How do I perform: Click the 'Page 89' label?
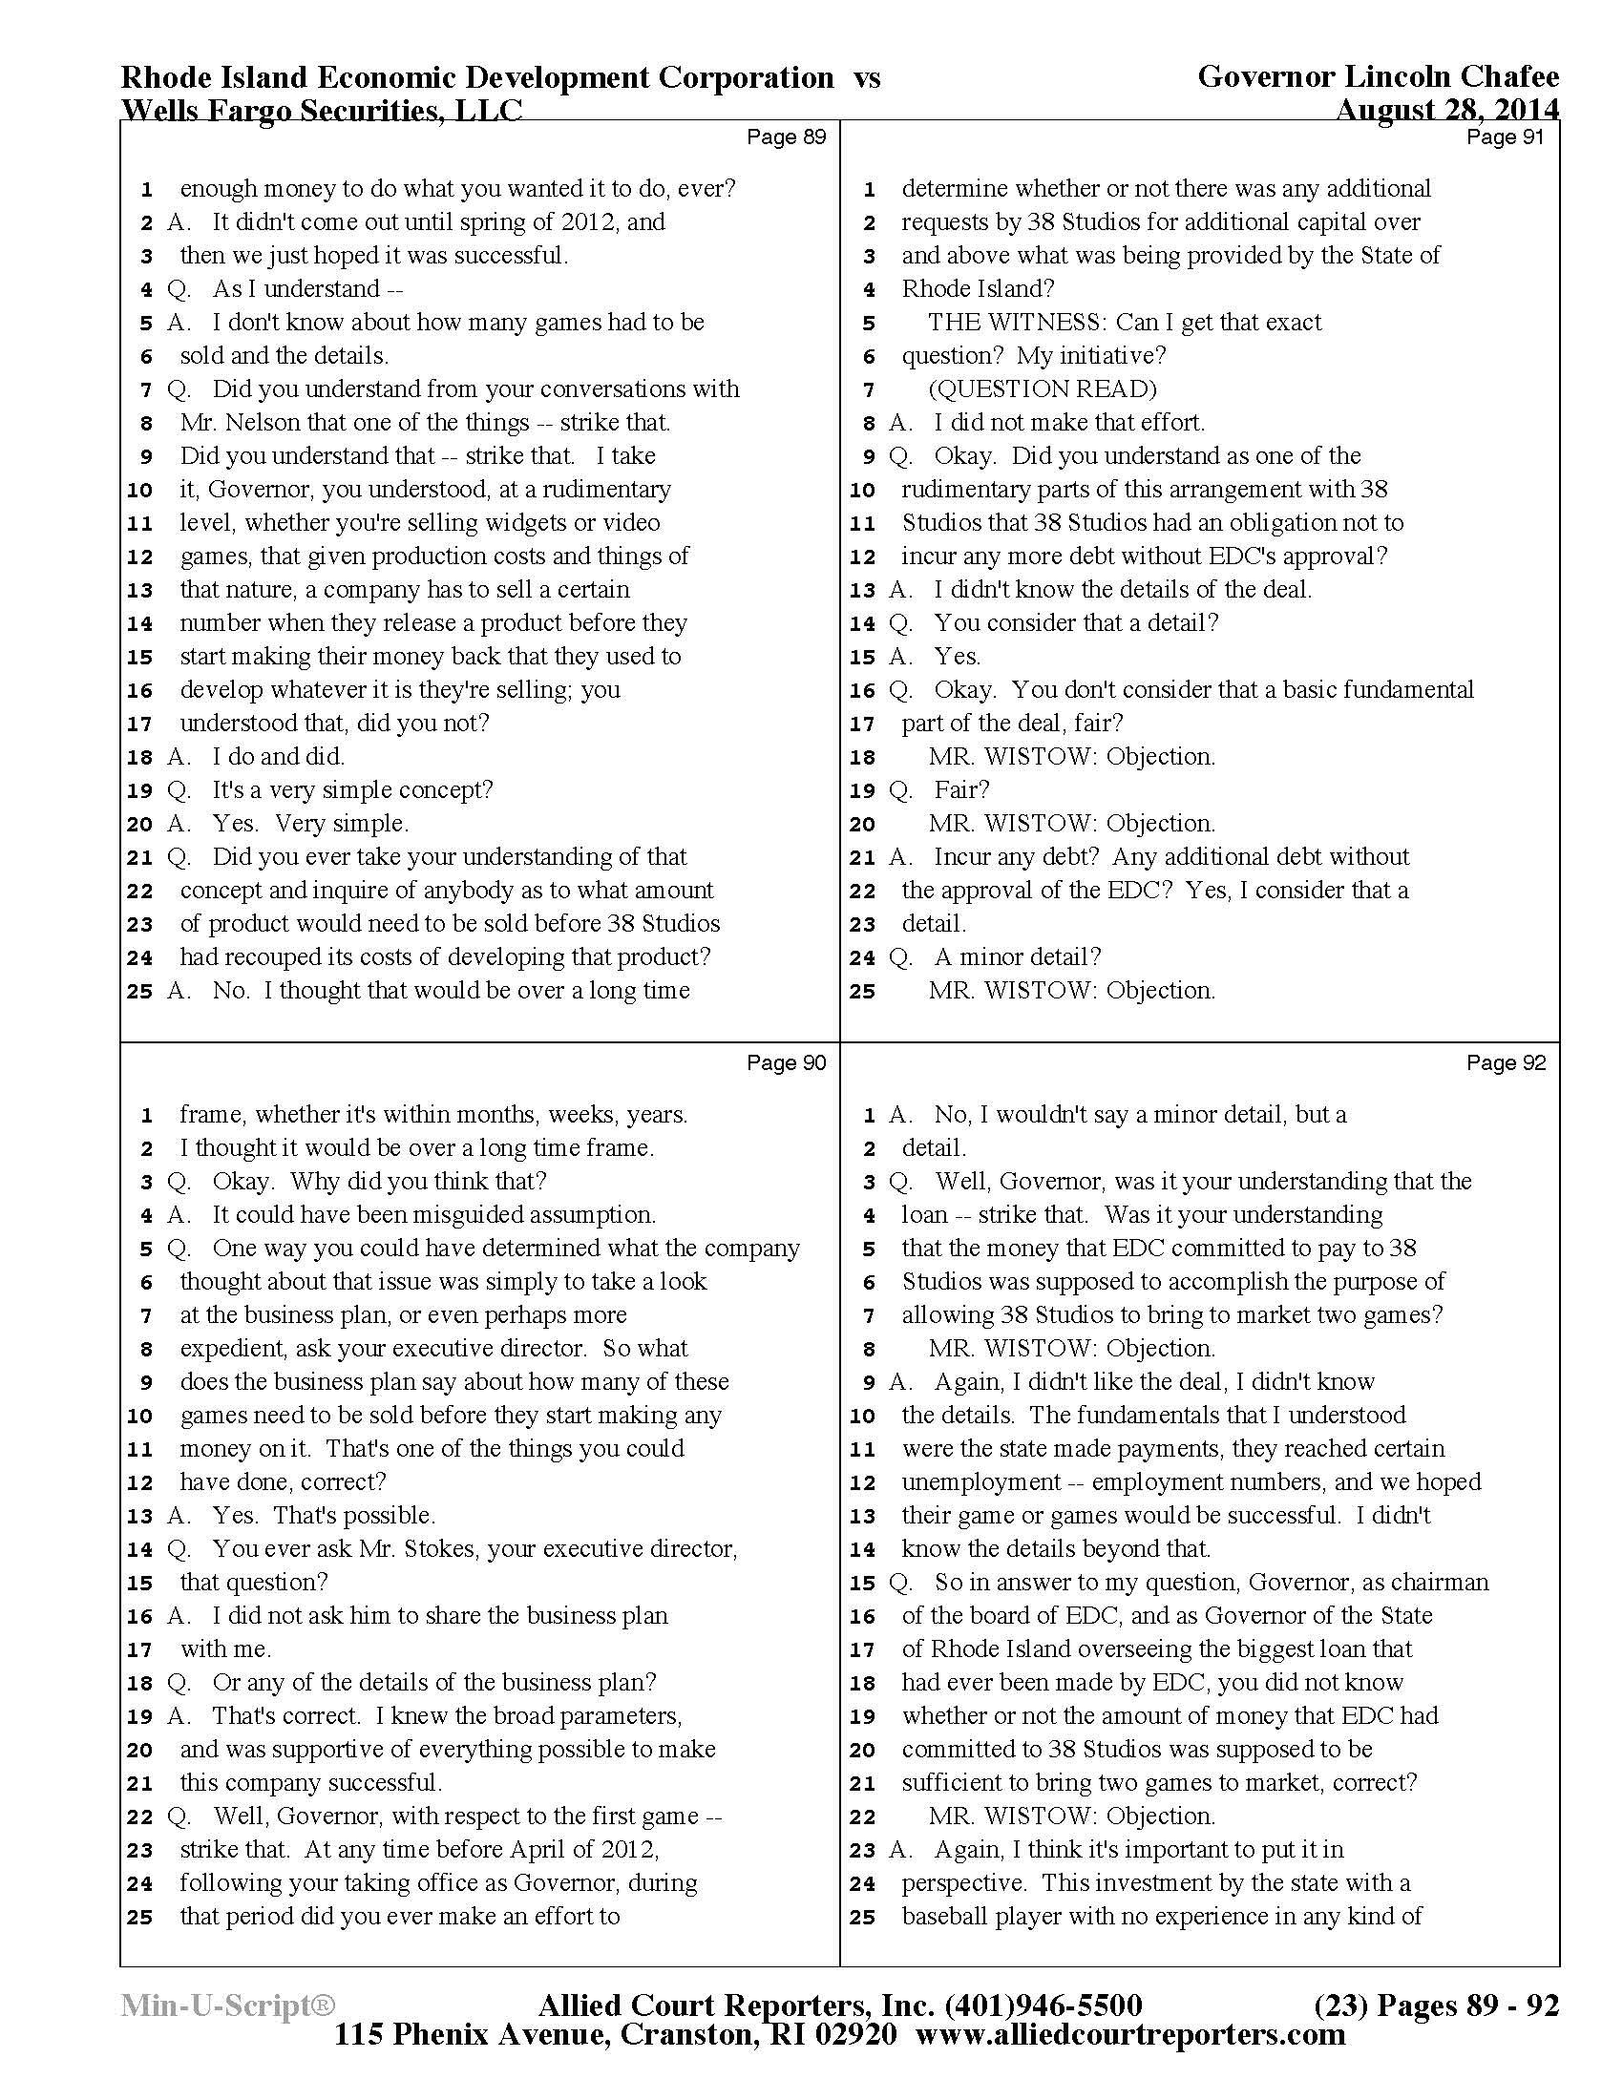[x=786, y=137]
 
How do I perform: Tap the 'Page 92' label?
[x=1506, y=1063]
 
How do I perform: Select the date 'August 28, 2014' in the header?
[x=1447, y=112]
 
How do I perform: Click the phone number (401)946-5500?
[x=1044, y=2005]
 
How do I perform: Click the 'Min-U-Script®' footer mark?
[x=227, y=2005]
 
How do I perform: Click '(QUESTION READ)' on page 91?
[x=1043, y=389]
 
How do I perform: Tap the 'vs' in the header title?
[x=866, y=77]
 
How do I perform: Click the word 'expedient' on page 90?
[x=233, y=1349]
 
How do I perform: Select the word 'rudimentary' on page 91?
[x=969, y=490]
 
